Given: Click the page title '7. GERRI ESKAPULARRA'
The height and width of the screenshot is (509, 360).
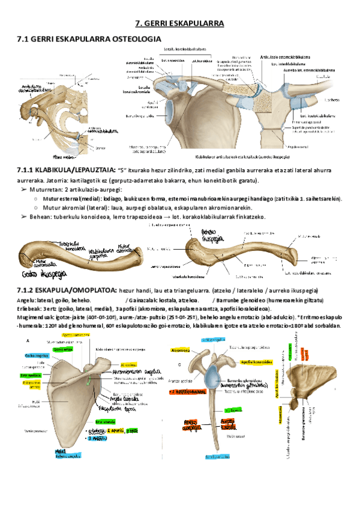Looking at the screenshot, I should pos(179,23).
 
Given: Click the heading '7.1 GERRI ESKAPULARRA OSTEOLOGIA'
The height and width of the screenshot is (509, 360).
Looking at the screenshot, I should pos(89,39).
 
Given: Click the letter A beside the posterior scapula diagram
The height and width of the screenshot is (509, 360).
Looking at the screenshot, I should pos(26,340).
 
